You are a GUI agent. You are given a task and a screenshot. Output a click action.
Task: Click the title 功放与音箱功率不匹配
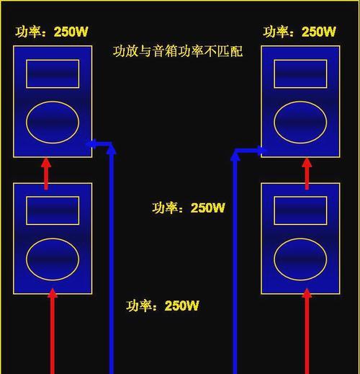(178, 51)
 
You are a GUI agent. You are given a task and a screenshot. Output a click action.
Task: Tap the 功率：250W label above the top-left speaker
(52, 32)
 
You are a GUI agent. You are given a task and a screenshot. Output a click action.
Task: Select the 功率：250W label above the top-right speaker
(300, 32)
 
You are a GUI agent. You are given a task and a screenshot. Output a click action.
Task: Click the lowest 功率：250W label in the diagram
(163, 306)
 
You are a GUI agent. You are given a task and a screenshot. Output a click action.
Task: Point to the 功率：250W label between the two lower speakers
(189, 208)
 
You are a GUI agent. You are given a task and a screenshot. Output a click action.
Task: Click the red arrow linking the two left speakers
(46, 174)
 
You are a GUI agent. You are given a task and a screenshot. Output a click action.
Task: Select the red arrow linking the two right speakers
(307, 174)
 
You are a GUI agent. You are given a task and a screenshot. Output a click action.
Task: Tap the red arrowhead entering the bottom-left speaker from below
(53, 293)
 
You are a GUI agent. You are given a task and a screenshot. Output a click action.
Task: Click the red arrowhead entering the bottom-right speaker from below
(307, 293)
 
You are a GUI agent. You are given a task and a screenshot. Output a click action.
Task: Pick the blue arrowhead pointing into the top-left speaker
(91, 143)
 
